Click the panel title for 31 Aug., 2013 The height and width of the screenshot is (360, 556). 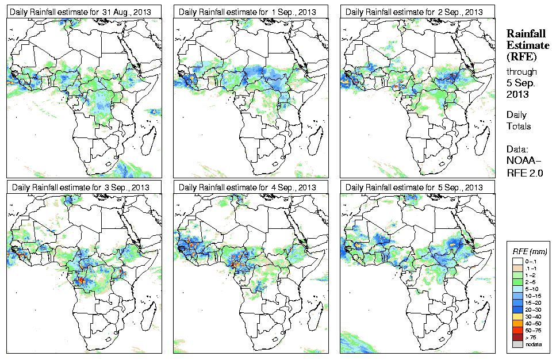point(82,12)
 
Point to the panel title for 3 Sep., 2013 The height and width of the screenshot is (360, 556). point(81,187)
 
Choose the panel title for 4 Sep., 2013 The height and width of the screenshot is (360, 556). point(248,187)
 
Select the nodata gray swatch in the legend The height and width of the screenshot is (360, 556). point(517,344)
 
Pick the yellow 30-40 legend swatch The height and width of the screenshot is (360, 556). point(517,316)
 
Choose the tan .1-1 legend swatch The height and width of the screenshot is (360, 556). point(517,268)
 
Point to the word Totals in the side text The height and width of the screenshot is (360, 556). point(519,126)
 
